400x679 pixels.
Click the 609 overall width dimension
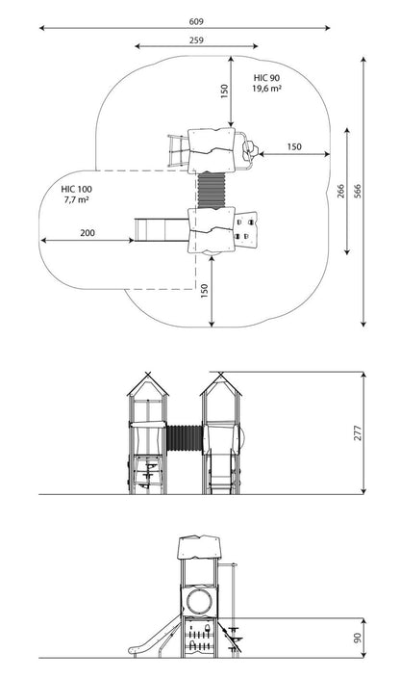(196, 21)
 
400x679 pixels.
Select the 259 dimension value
(196, 40)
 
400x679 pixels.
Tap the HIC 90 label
(266, 78)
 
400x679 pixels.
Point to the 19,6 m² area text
(267, 89)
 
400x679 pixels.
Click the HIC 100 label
(77, 189)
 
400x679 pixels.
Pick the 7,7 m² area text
(77, 199)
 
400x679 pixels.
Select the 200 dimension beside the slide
(87, 233)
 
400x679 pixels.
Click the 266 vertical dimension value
(340, 191)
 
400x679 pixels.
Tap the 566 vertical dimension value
(357, 191)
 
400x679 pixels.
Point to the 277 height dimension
(358, 433)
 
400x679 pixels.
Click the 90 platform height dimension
(358, 638)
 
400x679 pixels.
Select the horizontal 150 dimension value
(294, 146)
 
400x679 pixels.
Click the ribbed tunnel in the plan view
(212, 191)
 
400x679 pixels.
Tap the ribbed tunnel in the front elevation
(185, 438)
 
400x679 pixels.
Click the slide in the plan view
(162, 229)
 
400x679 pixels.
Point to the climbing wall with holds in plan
(246, 229)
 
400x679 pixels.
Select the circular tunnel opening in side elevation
(199, 600)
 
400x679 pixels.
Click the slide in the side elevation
(155, 636)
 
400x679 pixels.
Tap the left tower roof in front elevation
(147, 384)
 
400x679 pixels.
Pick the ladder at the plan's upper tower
(178, 150)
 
